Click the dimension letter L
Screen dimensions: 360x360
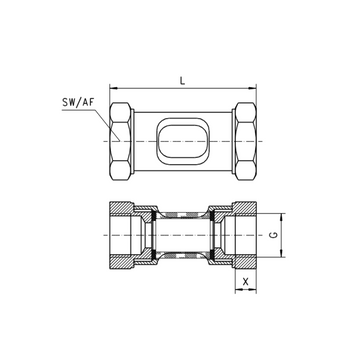pos(182,81)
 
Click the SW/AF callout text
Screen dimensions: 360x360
pos(78,102)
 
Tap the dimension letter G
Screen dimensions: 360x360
pos(273,235)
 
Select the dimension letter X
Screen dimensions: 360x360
pos(246,282)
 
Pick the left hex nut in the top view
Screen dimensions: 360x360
pos(120,141)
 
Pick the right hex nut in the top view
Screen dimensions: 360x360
pos(246,141)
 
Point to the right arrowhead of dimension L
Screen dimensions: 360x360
pos(252,88)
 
